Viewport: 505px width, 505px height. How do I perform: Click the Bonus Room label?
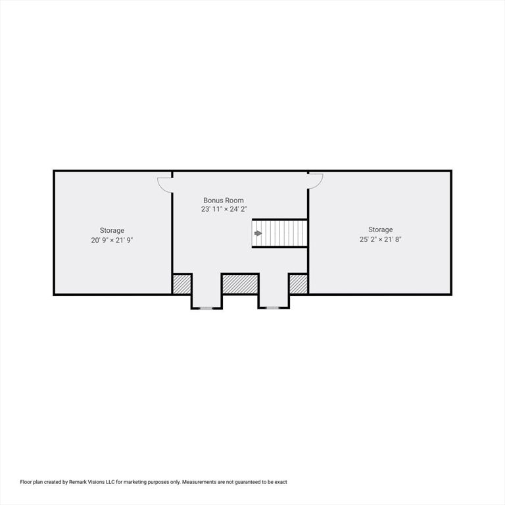click(x=223, y=201)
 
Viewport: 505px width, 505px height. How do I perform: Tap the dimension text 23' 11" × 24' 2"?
click(x=224, y=209)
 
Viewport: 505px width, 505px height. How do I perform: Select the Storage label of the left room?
click(x=112, y=231)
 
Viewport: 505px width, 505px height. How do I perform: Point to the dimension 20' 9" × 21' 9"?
click(x=112, y=240)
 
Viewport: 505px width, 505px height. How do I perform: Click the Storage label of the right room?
click(x=380, y=229)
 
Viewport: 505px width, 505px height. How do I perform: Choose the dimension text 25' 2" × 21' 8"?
click(x=380, y=239)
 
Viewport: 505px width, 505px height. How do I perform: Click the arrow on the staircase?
click(x=258, y=233)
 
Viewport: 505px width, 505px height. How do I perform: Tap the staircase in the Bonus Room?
click(x=279, y=233)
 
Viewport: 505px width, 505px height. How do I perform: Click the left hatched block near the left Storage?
click(x=182, y=284)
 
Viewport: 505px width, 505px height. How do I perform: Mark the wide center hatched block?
click(x=240, y=284)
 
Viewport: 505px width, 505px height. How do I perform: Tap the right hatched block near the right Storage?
click(x=299, y=284)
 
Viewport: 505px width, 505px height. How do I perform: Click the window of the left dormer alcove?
click(x=206, y=308)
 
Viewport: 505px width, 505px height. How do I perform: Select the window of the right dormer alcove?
click(x=272, y=308)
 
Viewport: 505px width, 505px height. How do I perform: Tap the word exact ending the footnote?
click(x=281, y=482)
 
